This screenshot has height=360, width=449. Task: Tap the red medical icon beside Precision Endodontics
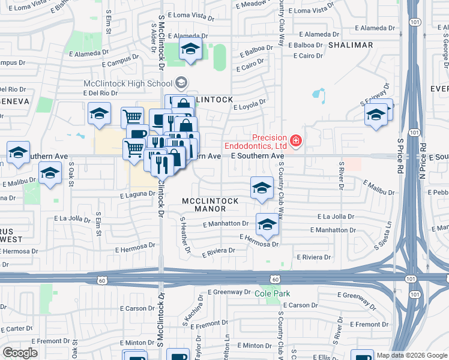(x=295, y=141)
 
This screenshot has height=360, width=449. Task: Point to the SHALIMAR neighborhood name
(x=351, y=45)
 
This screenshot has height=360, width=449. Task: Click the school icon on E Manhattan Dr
(x=267, y=225)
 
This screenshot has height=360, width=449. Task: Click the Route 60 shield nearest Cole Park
(x=274, y=280)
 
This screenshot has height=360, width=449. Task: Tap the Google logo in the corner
(x=20, y=353)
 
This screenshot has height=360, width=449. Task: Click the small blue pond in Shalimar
(x=318, y=95)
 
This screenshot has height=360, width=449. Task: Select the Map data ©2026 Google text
(x=411, y=355)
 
